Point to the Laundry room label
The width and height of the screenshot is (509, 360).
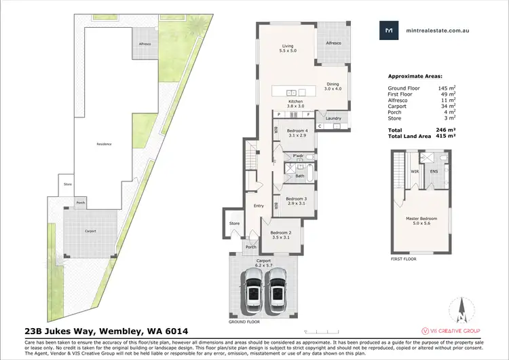(x=333, y=118)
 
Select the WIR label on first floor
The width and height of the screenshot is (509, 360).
(x=415, y=171)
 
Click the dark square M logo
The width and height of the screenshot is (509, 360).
(x=389, y=30)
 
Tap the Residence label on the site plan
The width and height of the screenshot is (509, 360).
(x=103, y=143)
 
